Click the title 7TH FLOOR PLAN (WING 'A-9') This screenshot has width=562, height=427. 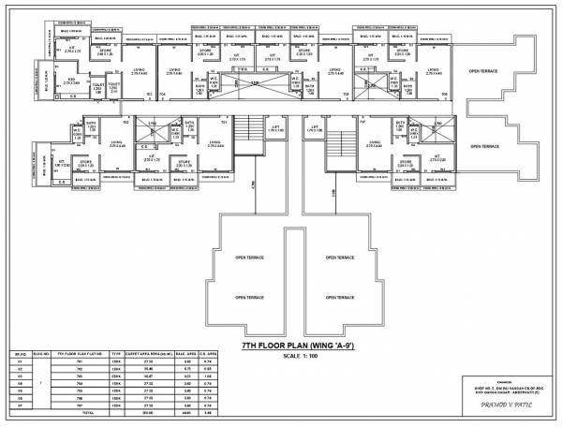pos(282,346)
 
